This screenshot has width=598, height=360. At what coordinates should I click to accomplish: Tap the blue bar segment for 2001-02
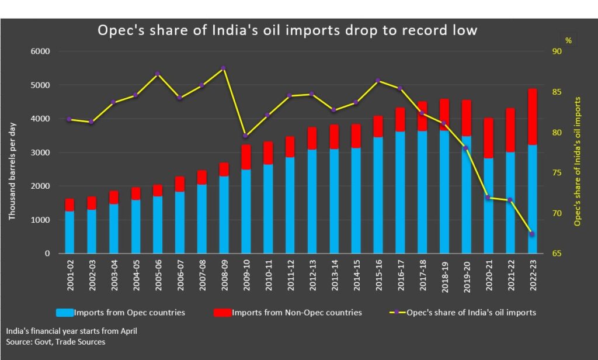[69, 232]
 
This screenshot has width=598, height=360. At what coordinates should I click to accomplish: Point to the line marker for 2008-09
[224, 68]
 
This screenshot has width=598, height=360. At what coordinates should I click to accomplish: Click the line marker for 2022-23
[532, 234]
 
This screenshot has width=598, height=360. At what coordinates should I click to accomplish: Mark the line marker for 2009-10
[245, 136]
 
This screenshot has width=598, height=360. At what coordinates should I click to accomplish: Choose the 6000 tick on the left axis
[41, 51]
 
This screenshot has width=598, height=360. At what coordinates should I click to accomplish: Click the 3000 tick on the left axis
[41, 153]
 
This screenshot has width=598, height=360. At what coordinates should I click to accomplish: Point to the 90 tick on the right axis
[556, 51]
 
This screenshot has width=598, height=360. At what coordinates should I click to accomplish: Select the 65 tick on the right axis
[556, 254]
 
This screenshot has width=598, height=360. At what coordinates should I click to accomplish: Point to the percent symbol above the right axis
[568, 40]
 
